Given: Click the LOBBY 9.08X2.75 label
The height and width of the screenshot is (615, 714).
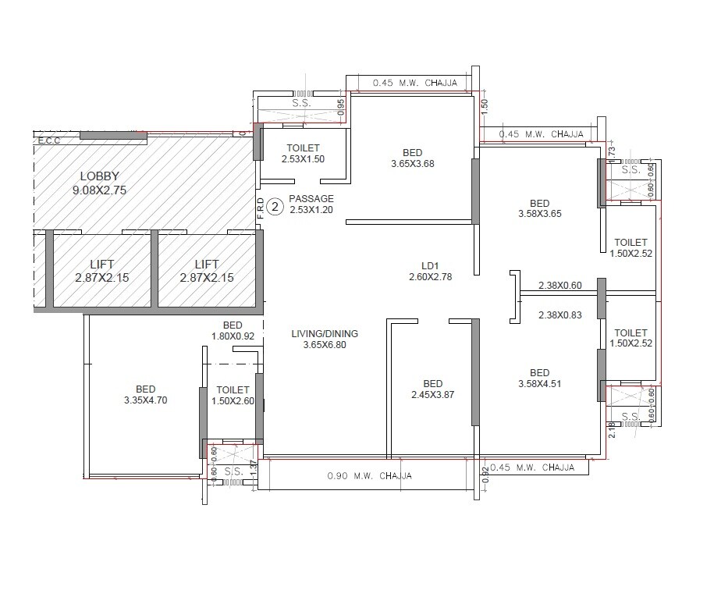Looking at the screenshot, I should (x=99, y=183).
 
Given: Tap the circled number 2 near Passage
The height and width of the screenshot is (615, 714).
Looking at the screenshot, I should (x=275, y=207).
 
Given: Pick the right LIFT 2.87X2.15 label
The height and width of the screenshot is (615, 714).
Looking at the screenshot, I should (x=207, y=271).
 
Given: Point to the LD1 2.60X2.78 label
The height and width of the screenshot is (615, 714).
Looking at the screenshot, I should (x=430, y=271).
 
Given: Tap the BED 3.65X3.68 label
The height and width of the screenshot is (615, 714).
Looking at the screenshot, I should (x=412, y=158).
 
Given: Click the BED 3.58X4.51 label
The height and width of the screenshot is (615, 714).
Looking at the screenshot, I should (x=538, y=378).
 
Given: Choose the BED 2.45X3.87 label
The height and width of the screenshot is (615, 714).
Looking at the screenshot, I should (x=432, y=389).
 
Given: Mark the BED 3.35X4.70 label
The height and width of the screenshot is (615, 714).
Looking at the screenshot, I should (x=145, y=395).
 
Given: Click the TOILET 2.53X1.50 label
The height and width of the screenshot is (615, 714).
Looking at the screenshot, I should (x=303, y=153).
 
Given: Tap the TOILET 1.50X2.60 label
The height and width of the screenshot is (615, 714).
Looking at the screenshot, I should (x=233, y=395).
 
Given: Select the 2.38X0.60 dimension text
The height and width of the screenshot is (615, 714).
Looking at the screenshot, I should (x=559, y=286).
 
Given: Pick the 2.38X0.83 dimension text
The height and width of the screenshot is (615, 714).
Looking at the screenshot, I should (x=559, y=315).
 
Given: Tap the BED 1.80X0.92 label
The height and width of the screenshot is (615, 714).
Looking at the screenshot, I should (x=233, y=331).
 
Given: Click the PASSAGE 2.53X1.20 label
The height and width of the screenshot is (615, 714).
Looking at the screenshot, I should (x=311, y=204).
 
